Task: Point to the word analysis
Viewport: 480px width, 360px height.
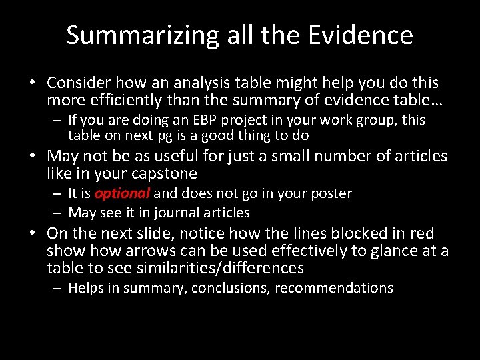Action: click(194, 83)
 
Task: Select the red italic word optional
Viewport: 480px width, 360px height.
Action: click(122, 193)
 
